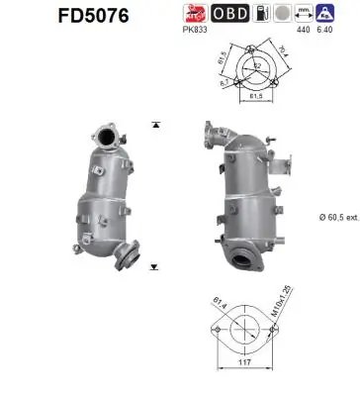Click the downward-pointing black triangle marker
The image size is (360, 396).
tap(156, 267)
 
